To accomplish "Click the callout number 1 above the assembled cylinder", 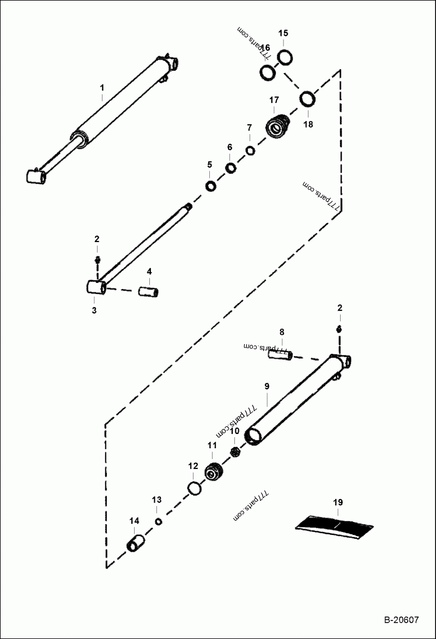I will pyautogui.click(x=101, y=87).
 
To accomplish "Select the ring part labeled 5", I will pyautogui.click(x=210, y=187).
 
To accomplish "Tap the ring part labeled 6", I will pyautogui.click(x=231, y=168).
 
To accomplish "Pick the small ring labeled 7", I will pyautogui.click(x=250, y=150).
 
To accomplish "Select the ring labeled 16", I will pyautogui.click(x=267, y=72).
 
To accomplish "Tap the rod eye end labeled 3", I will pyautogui.click(x=95, y=287).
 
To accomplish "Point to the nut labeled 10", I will pyautogui.click(x=236, y=451).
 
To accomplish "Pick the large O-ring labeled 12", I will pyautogui.click(x=194, y=489).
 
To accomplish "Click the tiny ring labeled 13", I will pyautogui.click(x=159, y=522).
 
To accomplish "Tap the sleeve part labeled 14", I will pyautogui.click(x=135, y=544).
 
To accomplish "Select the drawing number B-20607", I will pyautogui.click(x=400, y=620).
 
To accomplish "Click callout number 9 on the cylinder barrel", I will pyautogui.click(x=267, y=386).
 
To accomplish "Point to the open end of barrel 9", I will pyautogui.click(x=254, y=436).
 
